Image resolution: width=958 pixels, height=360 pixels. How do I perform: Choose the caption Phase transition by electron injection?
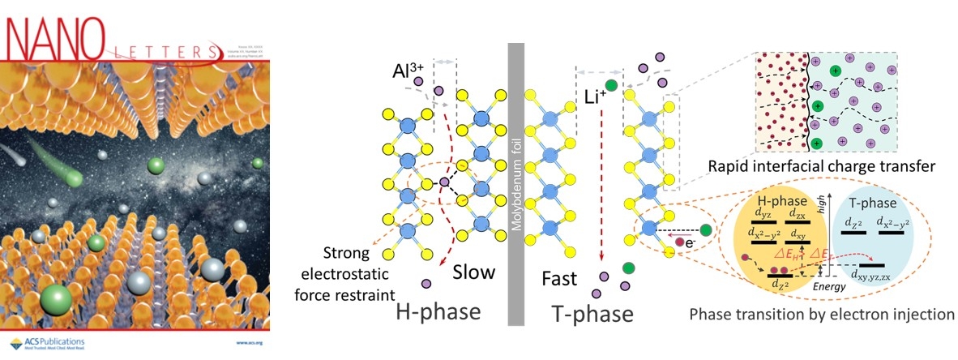[x=821, y=314]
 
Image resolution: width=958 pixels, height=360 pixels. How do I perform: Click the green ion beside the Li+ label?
[x=610, y=85]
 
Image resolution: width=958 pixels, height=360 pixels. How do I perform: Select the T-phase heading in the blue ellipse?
[x=880, y=199]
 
